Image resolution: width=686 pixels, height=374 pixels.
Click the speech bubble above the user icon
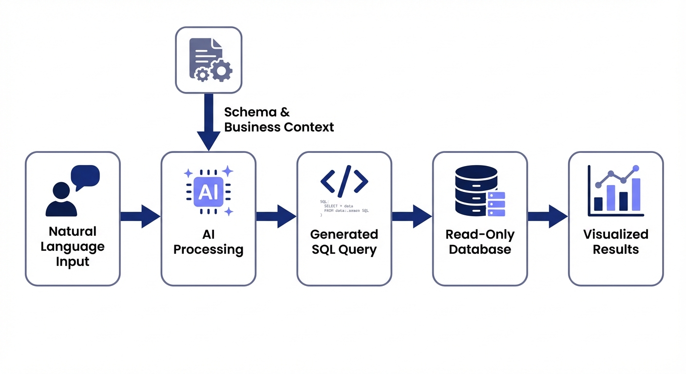click(85, 176)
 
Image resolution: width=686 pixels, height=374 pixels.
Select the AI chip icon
click(209, 191)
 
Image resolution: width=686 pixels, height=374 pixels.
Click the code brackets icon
click(344, 181)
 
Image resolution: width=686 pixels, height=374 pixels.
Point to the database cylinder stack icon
click(476, 190)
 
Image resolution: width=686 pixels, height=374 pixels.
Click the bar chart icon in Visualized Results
click(616, 191)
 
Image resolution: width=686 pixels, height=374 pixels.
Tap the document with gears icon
click(209, 59)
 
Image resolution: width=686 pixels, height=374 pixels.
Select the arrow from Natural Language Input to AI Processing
click(140, 216)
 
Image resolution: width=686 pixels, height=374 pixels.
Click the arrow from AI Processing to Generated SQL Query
click(276, 216)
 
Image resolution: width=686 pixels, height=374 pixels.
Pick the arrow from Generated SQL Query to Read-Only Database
click(412, 216)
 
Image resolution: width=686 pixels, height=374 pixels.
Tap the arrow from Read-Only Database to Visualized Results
click(548, 216)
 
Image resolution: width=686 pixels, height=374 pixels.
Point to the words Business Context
click(279, 128)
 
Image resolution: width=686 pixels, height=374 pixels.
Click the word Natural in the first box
click(73, 231)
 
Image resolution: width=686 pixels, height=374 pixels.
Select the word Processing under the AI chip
click(209, 249)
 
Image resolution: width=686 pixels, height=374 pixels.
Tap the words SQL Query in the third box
click(344, 250)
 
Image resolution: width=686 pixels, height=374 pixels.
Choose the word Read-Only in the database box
click(480, 234)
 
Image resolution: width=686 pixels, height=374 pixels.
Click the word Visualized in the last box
click(616, 234)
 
